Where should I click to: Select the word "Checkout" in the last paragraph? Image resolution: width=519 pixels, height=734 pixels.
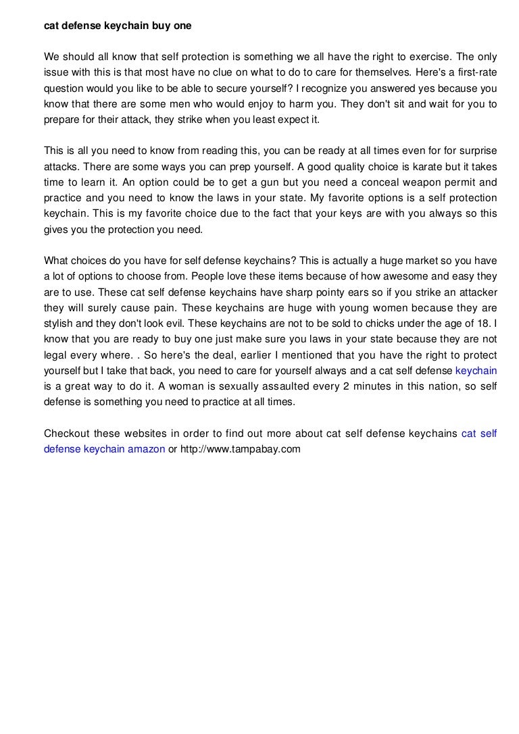click(66, 434)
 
